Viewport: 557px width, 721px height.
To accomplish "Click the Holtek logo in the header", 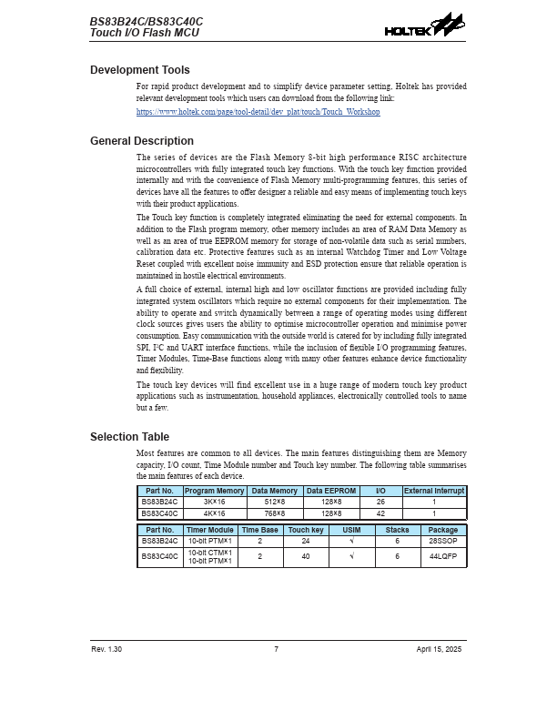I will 424,26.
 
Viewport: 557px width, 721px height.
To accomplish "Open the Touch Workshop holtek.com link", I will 258,112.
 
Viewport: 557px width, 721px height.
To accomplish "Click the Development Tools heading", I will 140,70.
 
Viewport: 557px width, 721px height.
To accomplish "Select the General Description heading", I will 142,141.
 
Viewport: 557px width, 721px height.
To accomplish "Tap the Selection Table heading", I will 129,437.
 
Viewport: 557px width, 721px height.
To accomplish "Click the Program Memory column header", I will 215,491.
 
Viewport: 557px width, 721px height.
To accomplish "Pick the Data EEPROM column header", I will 331,491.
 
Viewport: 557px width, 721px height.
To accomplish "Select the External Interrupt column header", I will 434,491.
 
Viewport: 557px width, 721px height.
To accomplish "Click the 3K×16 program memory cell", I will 215,502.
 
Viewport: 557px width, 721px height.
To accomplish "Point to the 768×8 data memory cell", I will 274,513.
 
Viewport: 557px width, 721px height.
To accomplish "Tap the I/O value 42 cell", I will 380,513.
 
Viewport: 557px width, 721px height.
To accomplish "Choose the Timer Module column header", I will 209,530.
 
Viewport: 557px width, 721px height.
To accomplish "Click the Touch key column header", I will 305,530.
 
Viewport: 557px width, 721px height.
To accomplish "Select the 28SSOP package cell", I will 443,541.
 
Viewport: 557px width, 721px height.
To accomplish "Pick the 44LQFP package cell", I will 443,556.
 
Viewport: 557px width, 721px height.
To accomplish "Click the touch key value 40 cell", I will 305,556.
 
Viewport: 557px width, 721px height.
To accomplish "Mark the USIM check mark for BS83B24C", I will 351,541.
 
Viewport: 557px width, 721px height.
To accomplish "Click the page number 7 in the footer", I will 277,649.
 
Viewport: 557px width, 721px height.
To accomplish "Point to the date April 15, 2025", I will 440,649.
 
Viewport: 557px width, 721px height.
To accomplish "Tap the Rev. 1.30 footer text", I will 106,649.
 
